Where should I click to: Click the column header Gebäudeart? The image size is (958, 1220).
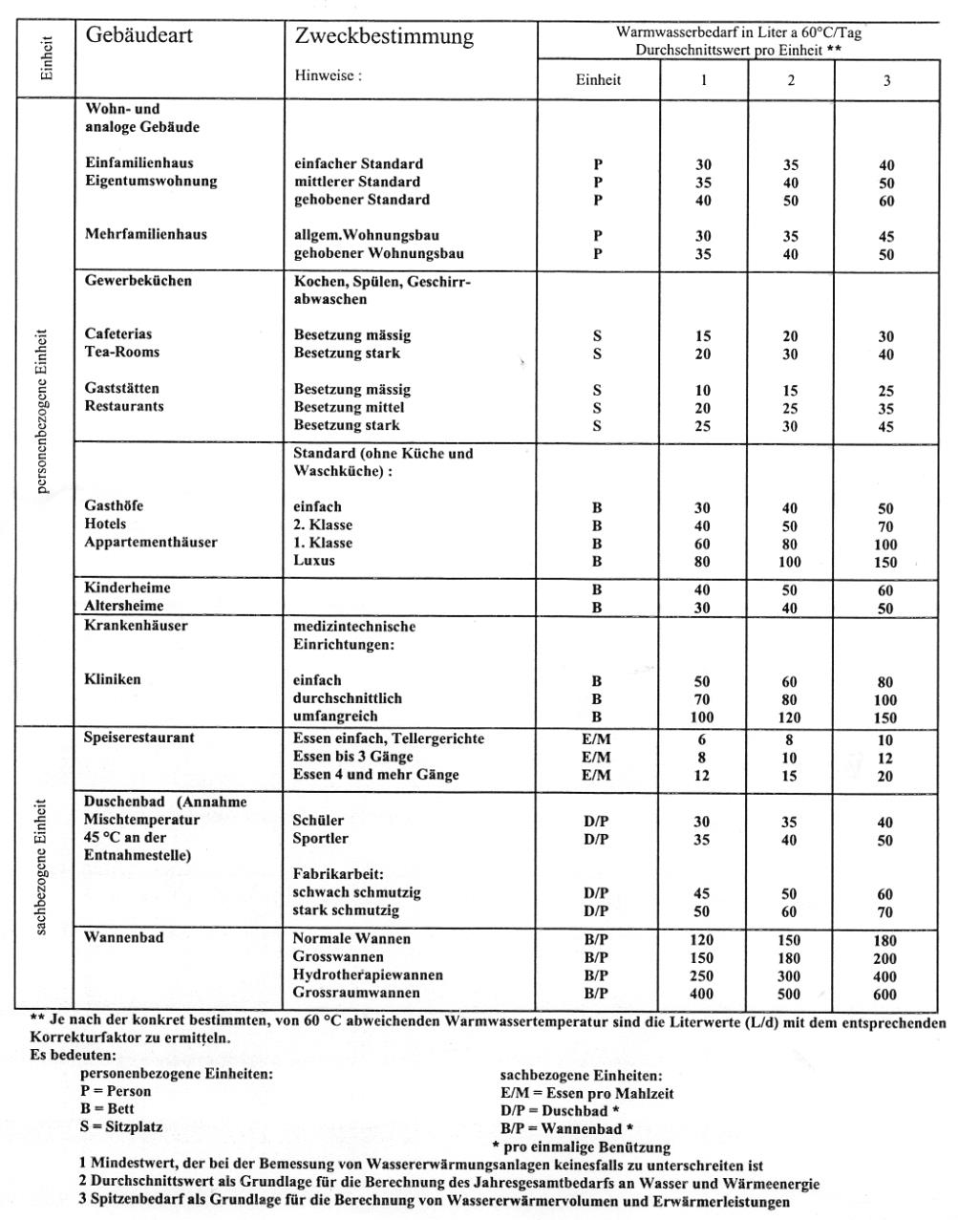coord(138,35)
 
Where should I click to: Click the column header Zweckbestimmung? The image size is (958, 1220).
coord(384,36)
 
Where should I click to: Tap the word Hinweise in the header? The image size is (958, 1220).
coord(328,75)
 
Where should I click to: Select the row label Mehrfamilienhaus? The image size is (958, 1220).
coord(145,234)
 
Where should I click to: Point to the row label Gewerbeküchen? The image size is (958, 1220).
coord(138,281)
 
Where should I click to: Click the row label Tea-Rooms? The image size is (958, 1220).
coord(122,352)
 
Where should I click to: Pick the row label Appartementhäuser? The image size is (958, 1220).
coord(151,542)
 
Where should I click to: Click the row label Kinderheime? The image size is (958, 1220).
coord(127,588)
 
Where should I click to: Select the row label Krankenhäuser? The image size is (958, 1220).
coord(136,626)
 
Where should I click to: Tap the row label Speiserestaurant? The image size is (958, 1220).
coord(139,738)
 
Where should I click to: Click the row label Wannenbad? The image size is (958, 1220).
coord(123,937)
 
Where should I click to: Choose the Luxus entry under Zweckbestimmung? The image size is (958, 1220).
coord(314,561)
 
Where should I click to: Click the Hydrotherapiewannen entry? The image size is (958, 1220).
coord(368,974)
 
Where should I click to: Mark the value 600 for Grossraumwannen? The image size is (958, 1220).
coord(884,995)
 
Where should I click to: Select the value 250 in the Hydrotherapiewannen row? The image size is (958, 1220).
coord(702,975)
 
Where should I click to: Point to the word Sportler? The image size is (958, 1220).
coord(320,838)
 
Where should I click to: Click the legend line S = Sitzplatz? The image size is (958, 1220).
coord(121,1126)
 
